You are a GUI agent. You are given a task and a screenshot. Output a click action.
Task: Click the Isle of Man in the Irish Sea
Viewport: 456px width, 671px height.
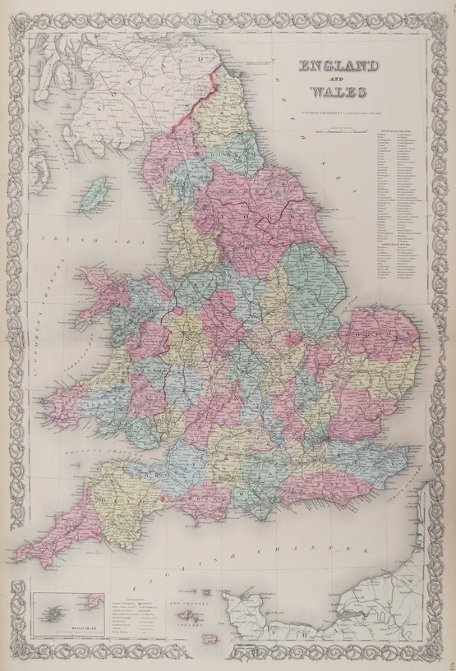(x=96, y=194)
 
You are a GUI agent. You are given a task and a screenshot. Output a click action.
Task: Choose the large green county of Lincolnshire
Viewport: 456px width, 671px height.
(x=316, y=275)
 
